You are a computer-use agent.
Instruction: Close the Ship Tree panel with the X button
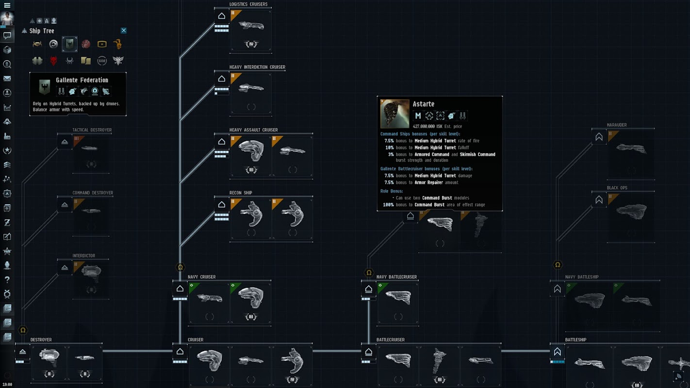pyautogui.click(x=124, y=31)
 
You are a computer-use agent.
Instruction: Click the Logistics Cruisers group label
pyautogui.click(x=248, y=4)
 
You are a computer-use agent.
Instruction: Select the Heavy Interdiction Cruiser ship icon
pyautogui.click(x=251, y=88)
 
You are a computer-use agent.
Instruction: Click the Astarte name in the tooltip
pyautogui.click(x=423, y=104)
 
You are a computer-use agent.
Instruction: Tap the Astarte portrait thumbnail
pyautogui.click(x=394, y=114)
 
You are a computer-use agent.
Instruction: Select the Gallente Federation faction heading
pyautogui.click(x=82, y=80)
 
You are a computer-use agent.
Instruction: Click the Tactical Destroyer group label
pyautogui.click(x=92, y=130)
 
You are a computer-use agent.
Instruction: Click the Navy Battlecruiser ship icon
pyautogui.click(x=398, y=297)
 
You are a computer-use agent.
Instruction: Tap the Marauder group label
pyautogui.click(x=617, y=125)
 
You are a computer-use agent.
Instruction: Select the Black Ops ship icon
pyautogui.click(x=631, y=211)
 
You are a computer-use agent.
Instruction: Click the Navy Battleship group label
pyautogui.click(x=582, y=277)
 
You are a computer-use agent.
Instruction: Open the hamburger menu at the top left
pyautogui.click(x=7, y=5)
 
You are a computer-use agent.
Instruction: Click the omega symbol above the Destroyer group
pyautogui.click(x=23, y=330)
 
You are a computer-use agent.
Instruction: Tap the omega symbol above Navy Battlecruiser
pyautogui.click(x=369, y=273)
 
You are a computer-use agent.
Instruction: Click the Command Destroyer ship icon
pyautogui.click(x=91, y=211)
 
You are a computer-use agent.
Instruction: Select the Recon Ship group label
pyautogui.click(x=241, y=193)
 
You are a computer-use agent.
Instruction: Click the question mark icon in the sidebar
pyautogui.click(x=7, y=280)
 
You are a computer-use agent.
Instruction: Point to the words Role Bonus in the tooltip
pyautogui.click(x=392, y=191)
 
